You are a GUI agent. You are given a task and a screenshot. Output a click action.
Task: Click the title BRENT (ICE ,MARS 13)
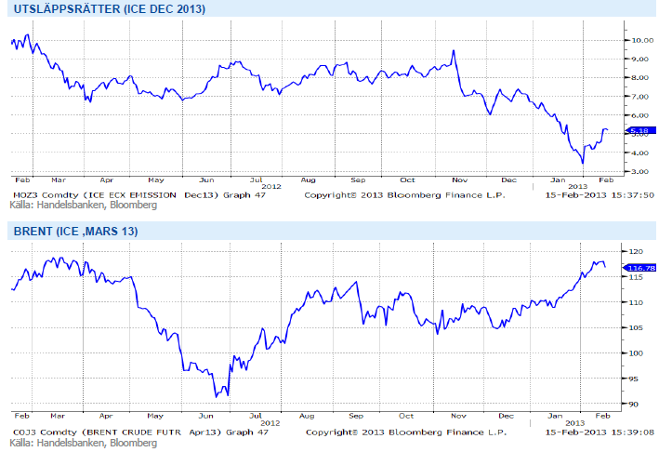(x=74, y=232)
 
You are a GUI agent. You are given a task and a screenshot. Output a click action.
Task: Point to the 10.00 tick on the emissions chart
(x=640, y=40)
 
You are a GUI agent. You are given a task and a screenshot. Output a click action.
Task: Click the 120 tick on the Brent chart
(x=637, y=252)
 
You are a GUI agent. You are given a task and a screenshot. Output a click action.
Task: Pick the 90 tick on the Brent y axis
(x=635, y=404)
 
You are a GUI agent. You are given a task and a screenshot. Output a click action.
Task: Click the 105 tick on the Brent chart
(x=637, y=328)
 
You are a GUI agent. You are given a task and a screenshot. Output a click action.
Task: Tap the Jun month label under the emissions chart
(x=207, y=178)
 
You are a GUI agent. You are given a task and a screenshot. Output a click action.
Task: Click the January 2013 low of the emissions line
(x=583, y=163)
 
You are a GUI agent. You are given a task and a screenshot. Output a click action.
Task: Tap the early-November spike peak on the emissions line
(x=453, y=50)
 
